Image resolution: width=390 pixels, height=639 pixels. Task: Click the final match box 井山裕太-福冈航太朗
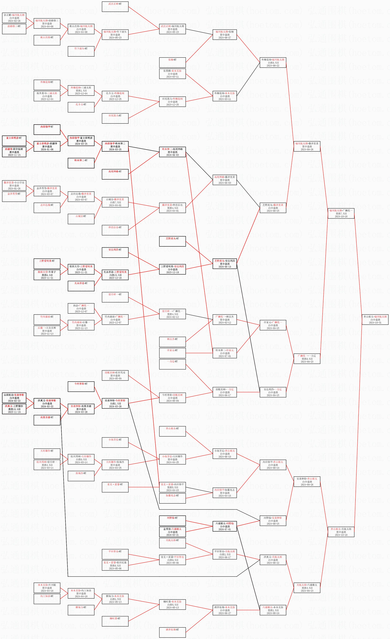(x=375, y=319)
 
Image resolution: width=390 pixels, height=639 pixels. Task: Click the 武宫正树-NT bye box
(x=115, y=7)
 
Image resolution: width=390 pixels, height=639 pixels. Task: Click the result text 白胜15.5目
(x=115, y=275)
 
